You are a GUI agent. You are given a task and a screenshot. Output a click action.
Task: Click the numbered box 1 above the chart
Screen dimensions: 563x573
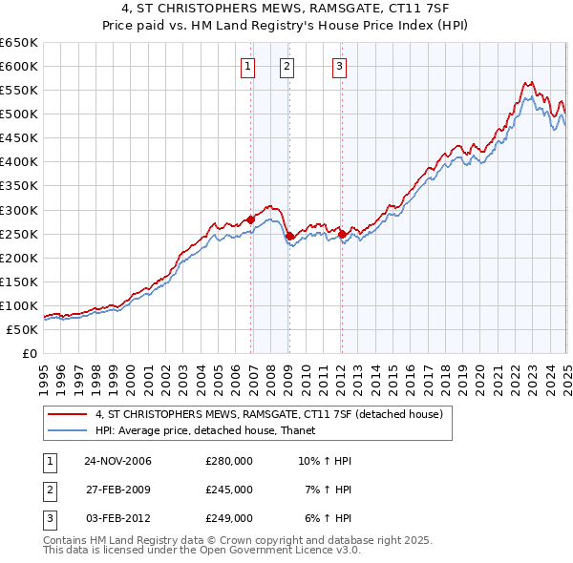point(247,66)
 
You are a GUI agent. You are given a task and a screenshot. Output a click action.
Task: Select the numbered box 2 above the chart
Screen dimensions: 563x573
point(286,66)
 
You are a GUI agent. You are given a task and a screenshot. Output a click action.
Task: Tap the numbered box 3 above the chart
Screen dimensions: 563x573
point(339,66)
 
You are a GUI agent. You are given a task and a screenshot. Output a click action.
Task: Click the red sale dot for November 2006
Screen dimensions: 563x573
point(251,219)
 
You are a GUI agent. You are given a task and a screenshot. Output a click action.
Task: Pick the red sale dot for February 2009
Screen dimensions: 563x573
point(290,236)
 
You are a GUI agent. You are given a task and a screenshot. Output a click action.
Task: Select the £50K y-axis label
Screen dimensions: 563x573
point(23,329)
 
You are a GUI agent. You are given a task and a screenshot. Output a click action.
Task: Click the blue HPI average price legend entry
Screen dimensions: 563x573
point(211,431)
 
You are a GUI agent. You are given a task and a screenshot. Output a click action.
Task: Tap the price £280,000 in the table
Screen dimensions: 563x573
point(228,461)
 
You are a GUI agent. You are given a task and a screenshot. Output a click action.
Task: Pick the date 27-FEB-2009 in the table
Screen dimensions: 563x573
point(118,490)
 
